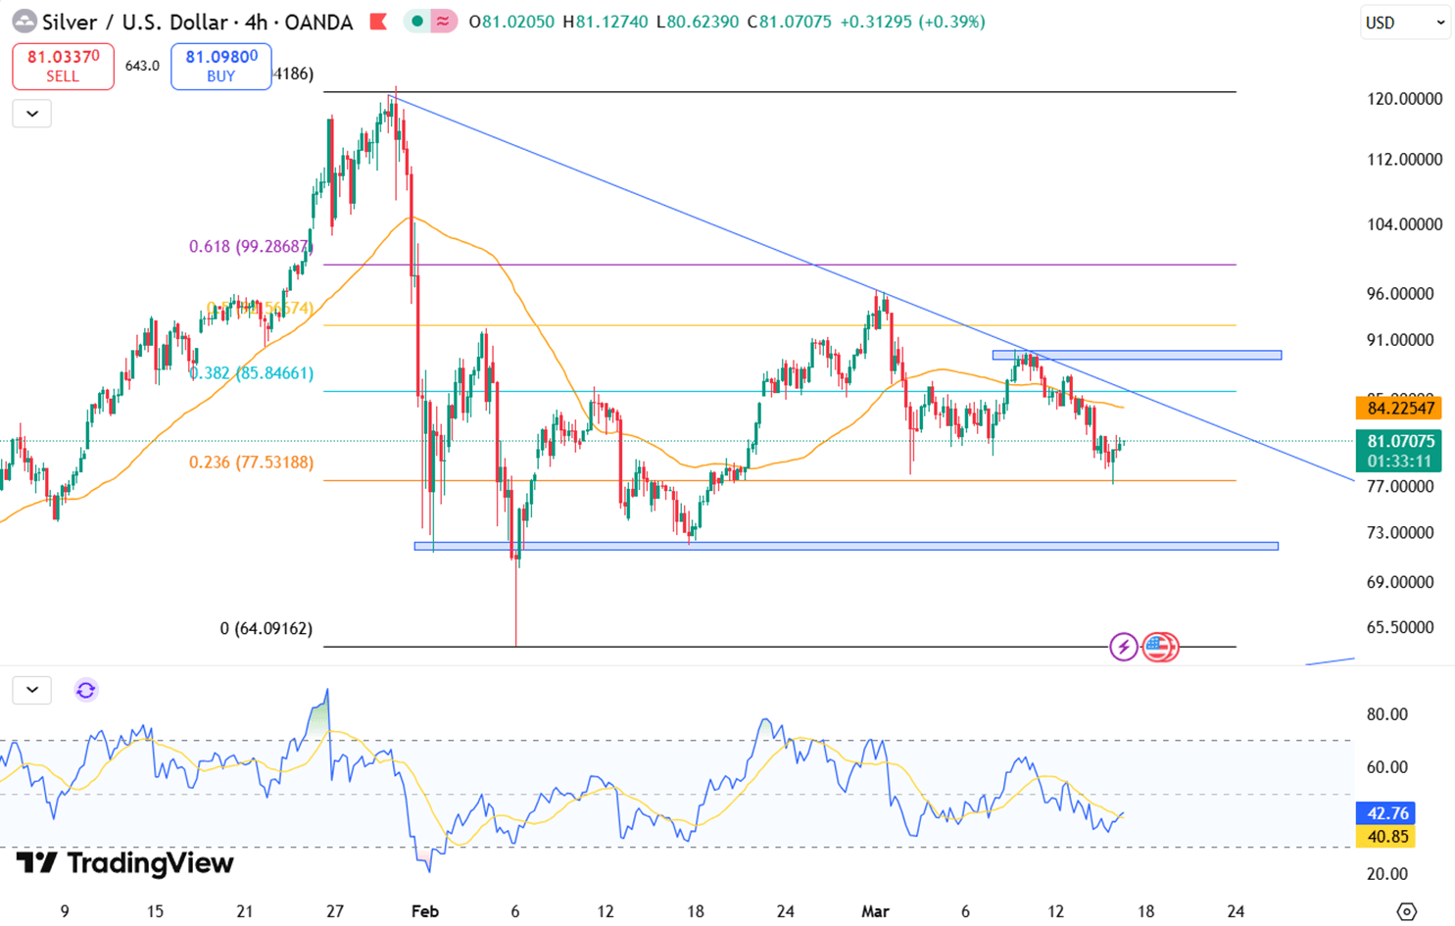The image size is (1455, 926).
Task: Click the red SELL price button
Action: click(63, 67)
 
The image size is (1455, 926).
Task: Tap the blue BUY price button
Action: click(220, 67)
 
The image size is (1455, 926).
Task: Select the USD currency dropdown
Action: click(1404, 23)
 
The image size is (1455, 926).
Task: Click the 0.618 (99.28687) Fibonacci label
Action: click(250, 247)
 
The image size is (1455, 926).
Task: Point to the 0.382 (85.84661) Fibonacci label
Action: click(252, 373)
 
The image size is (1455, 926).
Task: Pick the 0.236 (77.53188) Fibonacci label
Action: click(252, 463)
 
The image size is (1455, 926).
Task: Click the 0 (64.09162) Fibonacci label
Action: click(267, 628)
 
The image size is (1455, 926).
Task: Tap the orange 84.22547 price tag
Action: click(1398, 409)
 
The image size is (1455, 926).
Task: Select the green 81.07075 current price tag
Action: click(1398, 451)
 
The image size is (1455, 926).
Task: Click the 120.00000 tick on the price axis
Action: click(1404, 99)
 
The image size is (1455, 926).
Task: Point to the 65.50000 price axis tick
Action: click(1404, 627)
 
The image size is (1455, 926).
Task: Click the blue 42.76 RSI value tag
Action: click(1385, 813)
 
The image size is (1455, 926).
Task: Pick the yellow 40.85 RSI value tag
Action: click(1385, 837)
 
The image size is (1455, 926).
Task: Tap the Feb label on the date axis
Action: click(424, 911)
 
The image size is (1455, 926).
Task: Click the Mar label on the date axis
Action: click(875, 911)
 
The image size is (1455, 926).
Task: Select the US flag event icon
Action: click(1160, 647)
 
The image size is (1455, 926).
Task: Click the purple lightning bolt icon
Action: click(1124, 647)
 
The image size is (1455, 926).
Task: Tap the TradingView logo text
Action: click(125, 863)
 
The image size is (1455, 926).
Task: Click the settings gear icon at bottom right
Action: click(1407, 911)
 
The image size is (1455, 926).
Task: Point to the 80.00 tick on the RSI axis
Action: click(1386, 714)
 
